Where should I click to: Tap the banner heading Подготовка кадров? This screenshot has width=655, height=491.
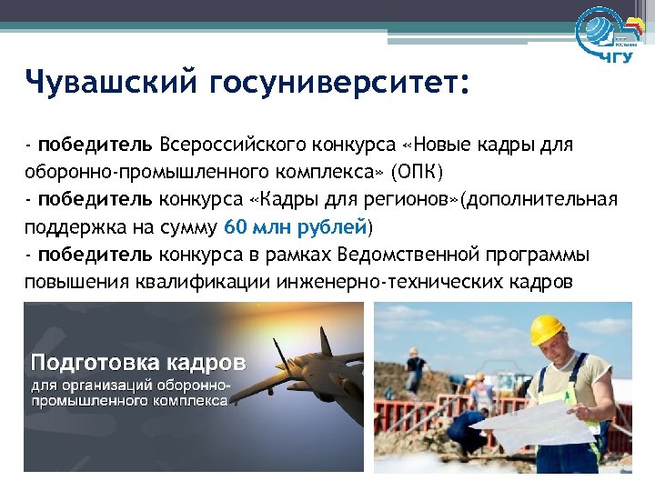pos(138,362)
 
